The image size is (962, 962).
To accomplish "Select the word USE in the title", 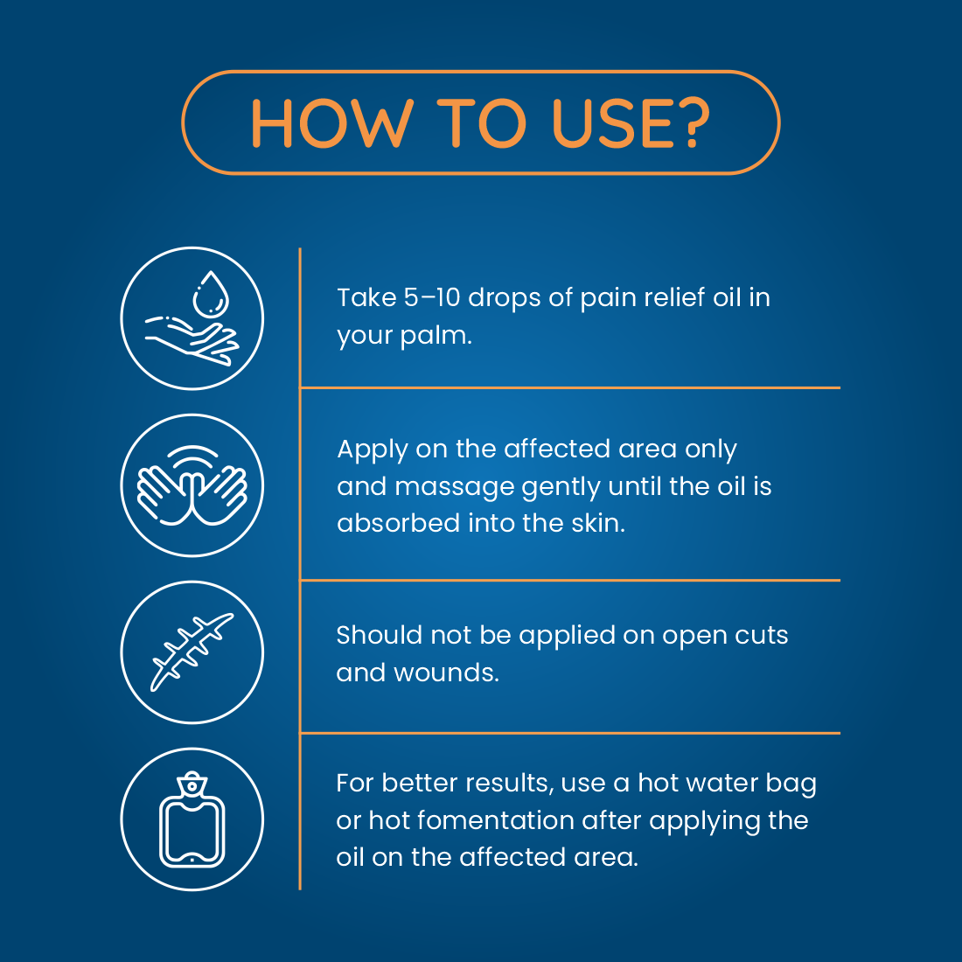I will tap(606, 123).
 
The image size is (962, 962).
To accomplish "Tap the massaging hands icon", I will tap(192, 485).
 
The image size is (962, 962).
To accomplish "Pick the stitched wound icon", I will tap(192, 652).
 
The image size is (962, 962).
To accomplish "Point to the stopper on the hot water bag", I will tap(192, 784).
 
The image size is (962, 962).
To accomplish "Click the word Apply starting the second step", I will tap(372, 450).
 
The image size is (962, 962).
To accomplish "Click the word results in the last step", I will tap(508, 784).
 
